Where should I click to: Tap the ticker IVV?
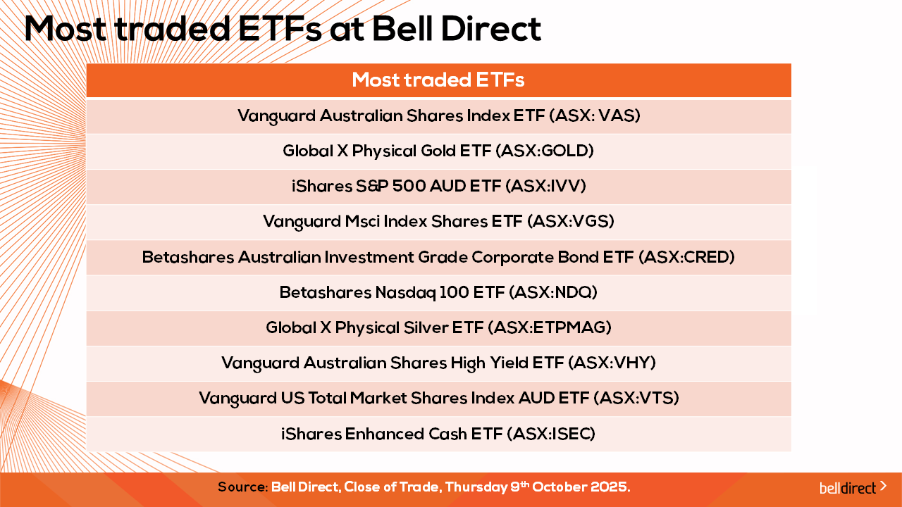click(x=565, y=186)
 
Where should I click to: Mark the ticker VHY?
click(x=632, y=363)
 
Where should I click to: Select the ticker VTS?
click(x=656, y=398)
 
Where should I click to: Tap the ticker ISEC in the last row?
click(x=571, y=434)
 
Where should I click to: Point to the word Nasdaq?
click(x=405, y=293)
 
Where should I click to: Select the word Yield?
click(x=509, y=363)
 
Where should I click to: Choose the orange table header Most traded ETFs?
click(x=438, y=80)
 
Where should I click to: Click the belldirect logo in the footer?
click(x=853, y=488)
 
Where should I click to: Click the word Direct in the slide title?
click(x=491, y=29)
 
